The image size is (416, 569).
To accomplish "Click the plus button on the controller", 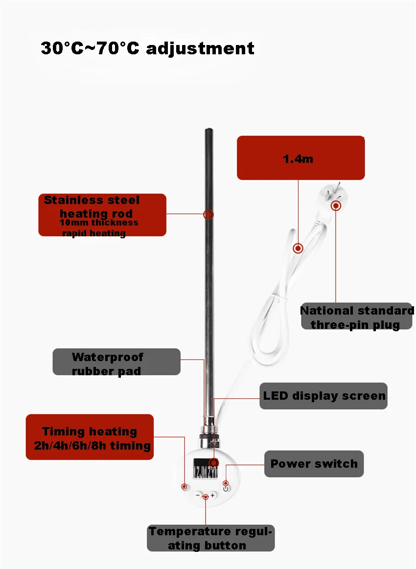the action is click(x=213, y=495).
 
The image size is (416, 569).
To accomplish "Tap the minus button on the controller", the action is click(x=198, y=495).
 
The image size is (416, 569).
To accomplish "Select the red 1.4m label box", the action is click(x=300, y=158).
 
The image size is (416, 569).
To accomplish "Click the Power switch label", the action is click(x=314, y=464).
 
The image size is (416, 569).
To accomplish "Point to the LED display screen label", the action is click(x=324, y=396).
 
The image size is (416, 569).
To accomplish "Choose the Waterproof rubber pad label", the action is click(x=116, y=362).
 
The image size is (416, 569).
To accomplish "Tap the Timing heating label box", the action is click(x=90, y=437).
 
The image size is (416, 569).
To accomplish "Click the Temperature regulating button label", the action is click(x=210, y=538).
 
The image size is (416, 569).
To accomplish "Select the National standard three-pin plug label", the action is click(x=356, y=317).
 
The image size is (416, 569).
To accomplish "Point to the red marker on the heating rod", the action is click(x=208, y=214).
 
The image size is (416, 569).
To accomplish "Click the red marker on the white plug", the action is click(x=336, y=205).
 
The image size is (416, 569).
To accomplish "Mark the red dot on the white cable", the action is click(x=298, y=248).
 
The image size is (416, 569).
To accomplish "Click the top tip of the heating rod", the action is click(x=209, y=131).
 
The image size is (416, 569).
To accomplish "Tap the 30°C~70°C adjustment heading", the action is click(x=147, y=48).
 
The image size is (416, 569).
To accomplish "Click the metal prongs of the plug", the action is click(x=335, y=189).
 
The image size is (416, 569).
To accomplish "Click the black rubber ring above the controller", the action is click(x=208, y=419).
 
